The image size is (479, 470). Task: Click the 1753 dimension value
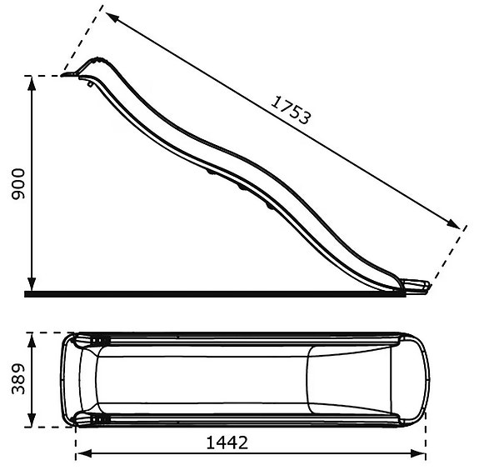point(291,109)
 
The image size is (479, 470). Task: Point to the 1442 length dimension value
point(227,442)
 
